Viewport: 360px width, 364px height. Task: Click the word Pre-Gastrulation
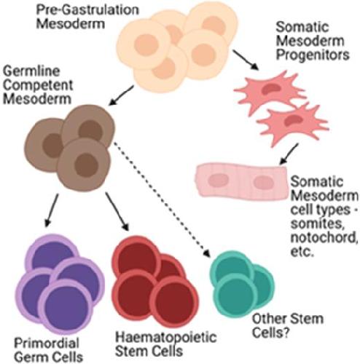(x=87, y=9)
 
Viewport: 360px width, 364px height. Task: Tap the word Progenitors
(x=313, y=55)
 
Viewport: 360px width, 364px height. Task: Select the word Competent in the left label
(x=38, y=85)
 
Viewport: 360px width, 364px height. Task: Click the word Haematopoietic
(x=166, y=337)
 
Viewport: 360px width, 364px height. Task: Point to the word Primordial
(x=47, y=343)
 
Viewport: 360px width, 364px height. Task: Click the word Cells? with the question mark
(x=270, y=333)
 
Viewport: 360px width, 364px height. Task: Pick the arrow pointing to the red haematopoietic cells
(x=117, y=212)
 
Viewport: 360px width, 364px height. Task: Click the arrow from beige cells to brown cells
(x=121, y=95)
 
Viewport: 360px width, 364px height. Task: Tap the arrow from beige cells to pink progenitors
(x=246, y=60)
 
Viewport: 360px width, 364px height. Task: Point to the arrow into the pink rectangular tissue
(x=289, y=154)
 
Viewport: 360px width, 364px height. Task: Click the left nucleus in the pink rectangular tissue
(x=219, y=181)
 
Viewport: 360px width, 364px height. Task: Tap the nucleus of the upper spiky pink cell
(x=270, y=90)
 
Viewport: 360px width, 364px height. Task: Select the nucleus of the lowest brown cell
(x=86, y=165)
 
